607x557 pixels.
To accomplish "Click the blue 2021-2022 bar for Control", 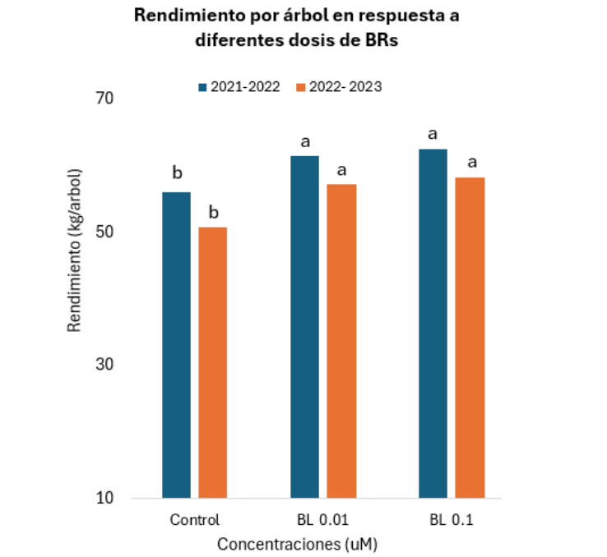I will [x=176, y=345].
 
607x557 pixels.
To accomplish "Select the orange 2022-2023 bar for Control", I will [x=212, y=362].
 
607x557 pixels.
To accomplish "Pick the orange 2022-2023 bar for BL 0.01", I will [x=341, y=341].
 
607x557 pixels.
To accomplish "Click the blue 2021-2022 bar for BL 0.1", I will [x=433, y=324].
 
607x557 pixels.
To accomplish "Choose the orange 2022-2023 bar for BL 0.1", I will [x=470, y=338].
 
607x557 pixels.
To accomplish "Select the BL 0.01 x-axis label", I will [x=322, y=520].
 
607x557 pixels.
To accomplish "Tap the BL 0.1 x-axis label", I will [x=452, y=520].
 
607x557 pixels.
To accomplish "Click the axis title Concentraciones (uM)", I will [x=297, y=544].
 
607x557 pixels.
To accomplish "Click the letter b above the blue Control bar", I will [x=176, y=173].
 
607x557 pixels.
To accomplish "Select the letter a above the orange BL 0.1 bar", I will [x=471, y=161].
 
